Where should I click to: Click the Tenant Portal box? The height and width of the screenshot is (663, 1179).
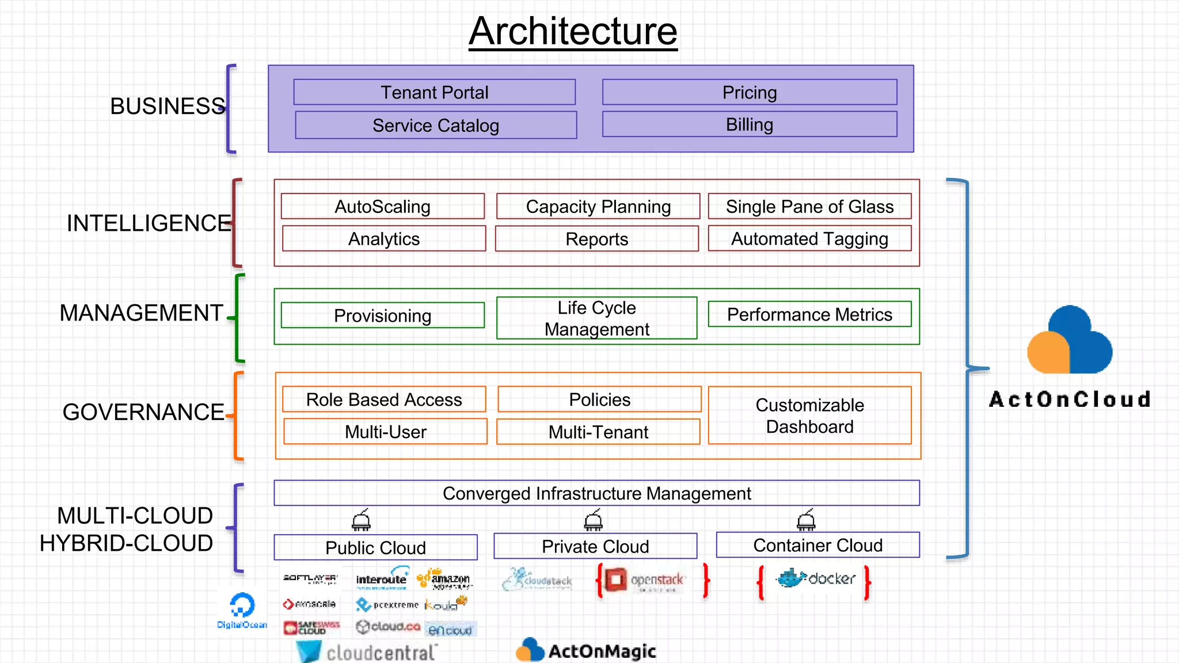point(434,92)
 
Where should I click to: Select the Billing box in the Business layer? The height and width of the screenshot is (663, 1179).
point(749,124)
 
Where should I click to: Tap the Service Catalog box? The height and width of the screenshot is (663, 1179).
point(435,125)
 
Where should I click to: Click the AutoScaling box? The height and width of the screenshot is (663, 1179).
point(382,206)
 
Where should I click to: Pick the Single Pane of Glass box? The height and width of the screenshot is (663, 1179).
point(809,206)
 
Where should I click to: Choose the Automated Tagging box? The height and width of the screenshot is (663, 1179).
point(809,238)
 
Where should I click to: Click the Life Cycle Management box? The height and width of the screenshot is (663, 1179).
point(596,318)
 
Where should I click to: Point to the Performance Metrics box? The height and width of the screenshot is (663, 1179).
point(809,314)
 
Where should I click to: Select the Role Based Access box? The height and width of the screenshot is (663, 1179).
point(383,399)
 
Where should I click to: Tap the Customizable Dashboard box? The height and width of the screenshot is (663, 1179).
point(809,415)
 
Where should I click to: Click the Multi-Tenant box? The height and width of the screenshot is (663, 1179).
point(598,432)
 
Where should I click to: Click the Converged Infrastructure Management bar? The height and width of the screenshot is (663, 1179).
point(596,493)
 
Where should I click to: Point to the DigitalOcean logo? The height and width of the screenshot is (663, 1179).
point(242,610)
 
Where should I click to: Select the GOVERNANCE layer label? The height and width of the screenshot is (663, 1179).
point(143,412)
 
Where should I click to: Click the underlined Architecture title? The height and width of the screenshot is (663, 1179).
point(572,31)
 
